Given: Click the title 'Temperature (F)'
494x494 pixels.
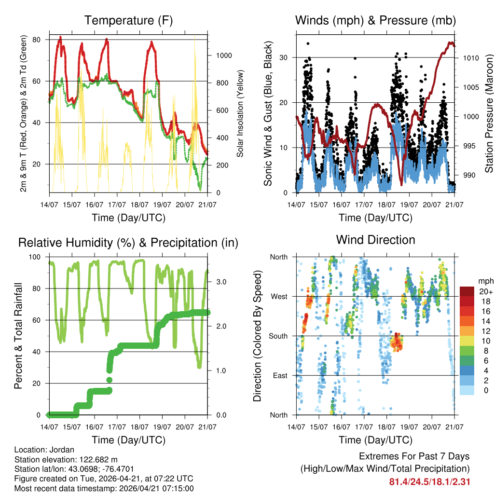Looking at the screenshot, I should pos(128,21).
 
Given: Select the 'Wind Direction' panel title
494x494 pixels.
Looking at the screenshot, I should pos(375,240).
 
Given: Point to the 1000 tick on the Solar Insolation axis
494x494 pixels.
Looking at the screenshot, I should pos(224,55).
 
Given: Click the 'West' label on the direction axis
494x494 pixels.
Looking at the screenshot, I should pos(279,296).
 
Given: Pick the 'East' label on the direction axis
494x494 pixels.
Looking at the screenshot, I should pos(280,375).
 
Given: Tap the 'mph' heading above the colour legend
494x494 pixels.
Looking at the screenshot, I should pos(485,280).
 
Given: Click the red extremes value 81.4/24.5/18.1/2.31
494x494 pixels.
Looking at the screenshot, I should pos(429,481).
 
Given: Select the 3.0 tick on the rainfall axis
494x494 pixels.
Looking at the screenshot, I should pos(221,282).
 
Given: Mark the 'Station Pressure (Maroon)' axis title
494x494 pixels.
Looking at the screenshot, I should pos(489,113).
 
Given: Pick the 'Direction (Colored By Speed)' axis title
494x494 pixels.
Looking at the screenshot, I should pos(257,336).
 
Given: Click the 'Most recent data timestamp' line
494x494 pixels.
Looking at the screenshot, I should pos(104,488).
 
